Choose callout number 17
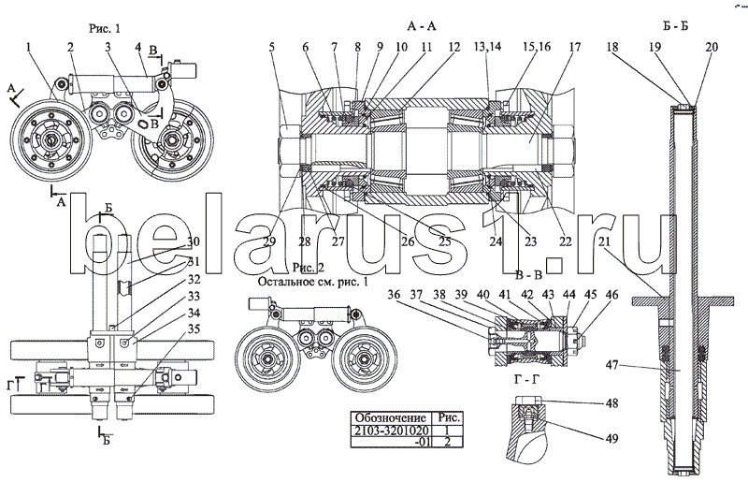click(573, 46)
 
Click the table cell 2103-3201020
click(387, 431)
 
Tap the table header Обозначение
click(387, 417)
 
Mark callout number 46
click(611, 294)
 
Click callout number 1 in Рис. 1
click(29, 46)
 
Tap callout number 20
click(712, 46)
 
